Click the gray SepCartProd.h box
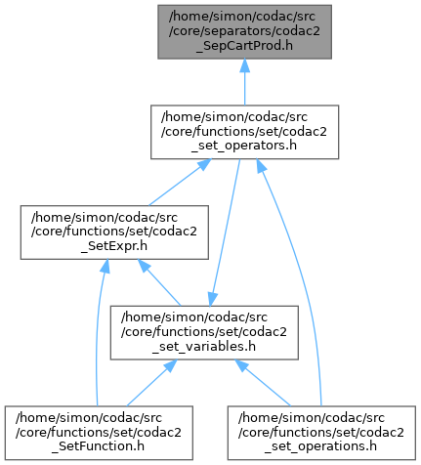pos(244,32)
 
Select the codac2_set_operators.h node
pos(244,132)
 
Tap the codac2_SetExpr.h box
pos(114,232)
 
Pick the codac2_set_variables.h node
pos(204,332)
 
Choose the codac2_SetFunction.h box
pos(99,433)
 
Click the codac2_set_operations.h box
pos(321,433)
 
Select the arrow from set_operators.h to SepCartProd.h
pos(244,82)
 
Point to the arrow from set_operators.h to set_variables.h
pos(225,232)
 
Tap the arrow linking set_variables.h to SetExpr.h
pos(159,282)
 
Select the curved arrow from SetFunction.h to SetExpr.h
pos(98,332)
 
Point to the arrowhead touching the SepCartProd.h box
pos(244,65)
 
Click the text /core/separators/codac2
pos(244,31)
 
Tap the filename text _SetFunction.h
pos(98,446)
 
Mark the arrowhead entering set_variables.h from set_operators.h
pos(212,299)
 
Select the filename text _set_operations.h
pos(320,446)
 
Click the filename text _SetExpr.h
pos(114,246)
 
